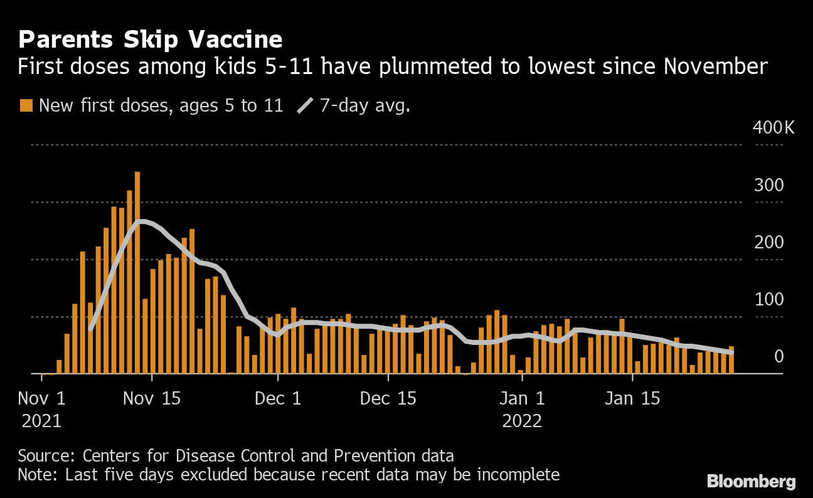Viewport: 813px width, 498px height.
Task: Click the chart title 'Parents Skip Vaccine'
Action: point(150,40)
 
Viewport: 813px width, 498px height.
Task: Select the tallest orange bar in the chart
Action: point(137,272)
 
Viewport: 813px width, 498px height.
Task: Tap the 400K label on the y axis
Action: point(773,128)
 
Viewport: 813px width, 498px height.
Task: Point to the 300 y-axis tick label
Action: point(769,186)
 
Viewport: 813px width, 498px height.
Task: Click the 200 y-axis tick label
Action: point(769,243)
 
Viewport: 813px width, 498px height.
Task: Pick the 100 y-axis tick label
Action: point(769,300)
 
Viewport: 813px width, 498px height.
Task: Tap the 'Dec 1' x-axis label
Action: point(277,398)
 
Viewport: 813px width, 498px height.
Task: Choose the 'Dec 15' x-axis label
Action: point(389,398)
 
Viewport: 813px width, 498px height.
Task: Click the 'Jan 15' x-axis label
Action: point(633,398)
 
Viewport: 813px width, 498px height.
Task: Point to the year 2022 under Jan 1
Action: point(522,420)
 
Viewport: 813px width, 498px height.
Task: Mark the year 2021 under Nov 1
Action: point(41,420)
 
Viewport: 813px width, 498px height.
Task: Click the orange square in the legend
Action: point(26,105)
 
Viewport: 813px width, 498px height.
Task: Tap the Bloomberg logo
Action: point(751,481)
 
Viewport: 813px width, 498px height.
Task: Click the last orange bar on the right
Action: point(731,360)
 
